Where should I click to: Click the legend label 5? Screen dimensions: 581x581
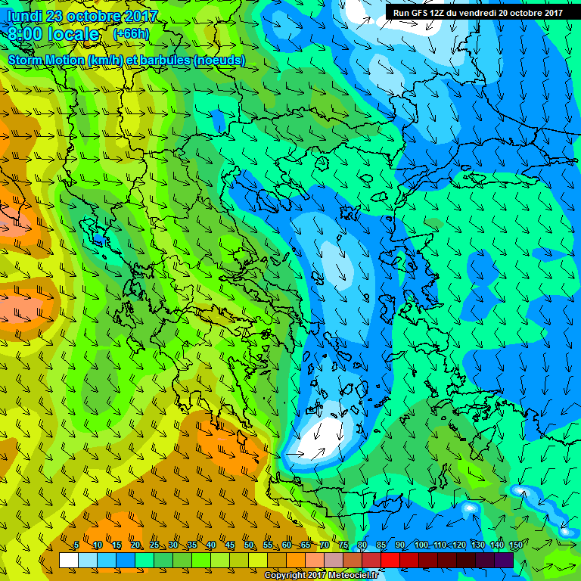click(76, 545)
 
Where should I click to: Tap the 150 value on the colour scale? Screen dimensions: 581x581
click(516, 545)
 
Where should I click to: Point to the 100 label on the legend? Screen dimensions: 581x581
click(421, 545)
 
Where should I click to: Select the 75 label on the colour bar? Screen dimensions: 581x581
click(343, 545)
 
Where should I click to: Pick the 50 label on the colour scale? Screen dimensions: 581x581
click(249, 545)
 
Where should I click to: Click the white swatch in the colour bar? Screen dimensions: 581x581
click(69, 560)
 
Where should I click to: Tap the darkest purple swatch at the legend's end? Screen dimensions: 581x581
click(505, 560)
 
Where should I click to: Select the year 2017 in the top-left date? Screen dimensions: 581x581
click(139, 16)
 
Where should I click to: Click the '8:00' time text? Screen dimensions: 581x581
click(26, 35)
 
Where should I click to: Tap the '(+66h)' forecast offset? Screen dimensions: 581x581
click(131, 34)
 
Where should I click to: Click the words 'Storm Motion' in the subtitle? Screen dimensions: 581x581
click(45, 60)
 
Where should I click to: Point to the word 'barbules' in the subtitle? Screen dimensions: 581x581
click(164, 60)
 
